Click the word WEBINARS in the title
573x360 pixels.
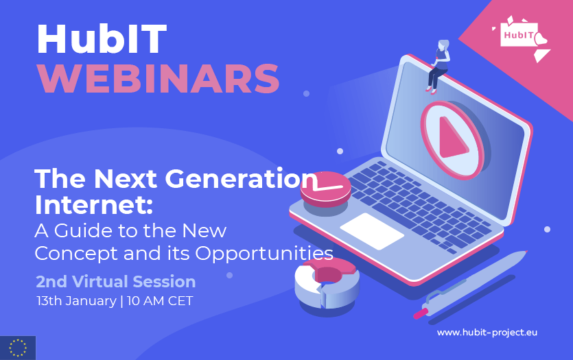pyautogui.click(x=159, y=78)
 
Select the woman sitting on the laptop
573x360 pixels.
pyautogui.click(x=438, y=67)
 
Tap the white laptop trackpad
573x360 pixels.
pyautogui.click(x=372, y=231)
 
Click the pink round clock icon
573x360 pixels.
pyautogui.click(x=325, y=189)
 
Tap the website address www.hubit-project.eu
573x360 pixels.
pyautogui.click(x=487, y=333)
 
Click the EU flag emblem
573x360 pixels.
pyautogui.click(x=18, y=348)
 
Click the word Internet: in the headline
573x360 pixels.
pyautogui.click(x=93, y=205)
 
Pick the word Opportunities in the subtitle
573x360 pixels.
pyautogui.click(x=264, y=254)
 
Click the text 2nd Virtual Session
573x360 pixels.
pyautogui.click(x=116, y=282)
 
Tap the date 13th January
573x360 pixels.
pyautogui.click(x=76, y=301)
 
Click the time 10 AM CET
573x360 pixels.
pyautogui.click(x=160, y=301)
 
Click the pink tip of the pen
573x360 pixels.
pyautogui.click(x=420, y=313)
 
